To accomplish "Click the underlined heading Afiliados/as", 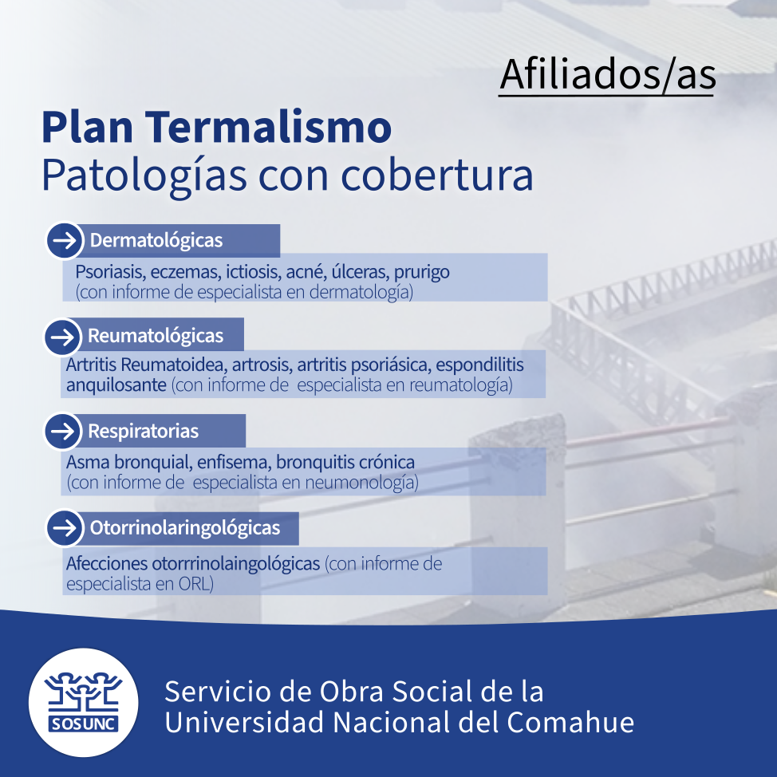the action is tap(608, 74).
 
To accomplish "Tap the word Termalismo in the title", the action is tap(268, 127).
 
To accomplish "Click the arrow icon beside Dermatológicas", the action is tap(65, 240).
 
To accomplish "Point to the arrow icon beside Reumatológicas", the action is tap(63, 337).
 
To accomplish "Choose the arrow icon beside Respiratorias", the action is tap(63, 431).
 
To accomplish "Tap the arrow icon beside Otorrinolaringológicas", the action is tap(65, 528).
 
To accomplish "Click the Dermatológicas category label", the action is tap(156, 240).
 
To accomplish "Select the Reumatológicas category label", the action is tap(156, 336).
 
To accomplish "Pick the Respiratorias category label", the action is tap(144, 431).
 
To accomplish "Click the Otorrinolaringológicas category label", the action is tap(185, 528).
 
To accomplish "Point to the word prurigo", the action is tap(422, 272).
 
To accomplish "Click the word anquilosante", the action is tap(116, 385).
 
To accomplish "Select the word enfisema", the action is tap(234, 463).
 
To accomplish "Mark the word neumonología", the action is tap(361, 482).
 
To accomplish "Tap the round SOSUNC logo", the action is tap(83, 702).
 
